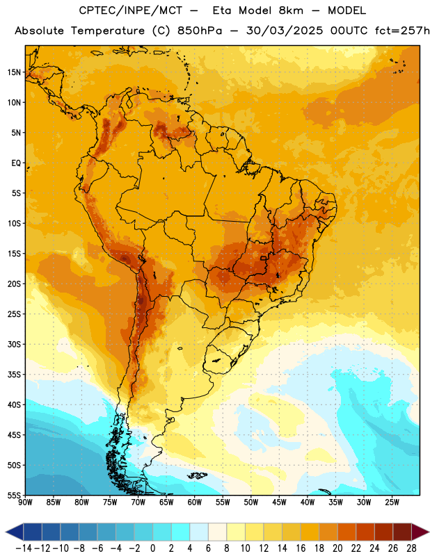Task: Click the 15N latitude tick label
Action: [x=14, y=72]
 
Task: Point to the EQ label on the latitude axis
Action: [x=16, y=163]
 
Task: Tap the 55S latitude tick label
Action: [x=14, y=496]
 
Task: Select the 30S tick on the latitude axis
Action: [x=14, y=344]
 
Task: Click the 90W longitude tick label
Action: [x=25, y=502]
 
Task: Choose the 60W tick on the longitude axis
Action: [x=195, y=502]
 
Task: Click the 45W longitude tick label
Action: [x=280, y=502]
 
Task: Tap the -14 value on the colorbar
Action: [x=24, y=548]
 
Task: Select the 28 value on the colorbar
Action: [x=411, y=548]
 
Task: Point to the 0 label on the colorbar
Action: [x=152, y=548]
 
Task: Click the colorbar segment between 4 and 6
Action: [x=199, y=532]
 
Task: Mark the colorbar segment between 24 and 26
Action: [x=384, y=532]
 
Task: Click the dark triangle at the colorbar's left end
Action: [x=15, y=532]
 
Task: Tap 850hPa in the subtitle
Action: [x=200, y=31]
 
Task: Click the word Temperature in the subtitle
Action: [x=108, y=31]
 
